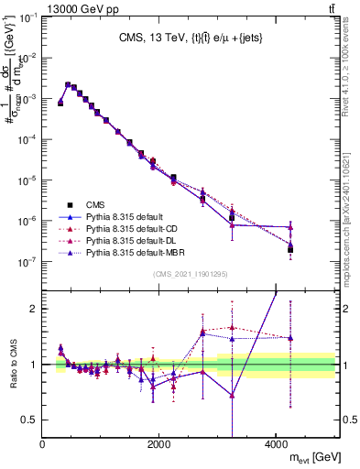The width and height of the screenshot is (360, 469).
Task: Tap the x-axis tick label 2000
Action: (x=159, y=444)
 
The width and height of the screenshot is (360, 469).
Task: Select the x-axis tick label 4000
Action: (x=277, y=444)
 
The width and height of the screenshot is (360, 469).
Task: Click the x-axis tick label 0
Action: (x=43, y=444)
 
